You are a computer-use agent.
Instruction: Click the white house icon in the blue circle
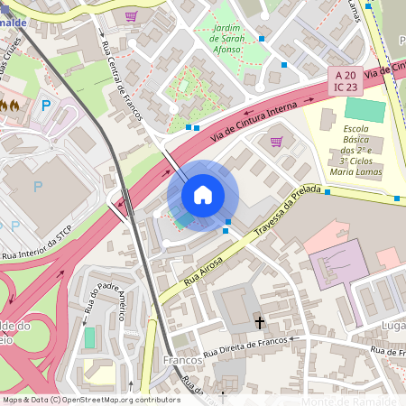(203, 195)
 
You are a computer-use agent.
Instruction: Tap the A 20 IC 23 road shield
(346, 80)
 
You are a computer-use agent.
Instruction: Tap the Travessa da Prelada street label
(288, 211)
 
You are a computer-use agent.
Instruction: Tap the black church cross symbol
(260, 321)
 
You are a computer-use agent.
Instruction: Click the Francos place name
(183, 360)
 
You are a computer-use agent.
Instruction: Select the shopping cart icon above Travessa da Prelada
(276, 141)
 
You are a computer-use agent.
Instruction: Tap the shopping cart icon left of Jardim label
(132, 16)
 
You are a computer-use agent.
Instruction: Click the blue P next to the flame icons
(46, 106)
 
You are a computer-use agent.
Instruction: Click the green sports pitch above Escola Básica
(365, 110)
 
